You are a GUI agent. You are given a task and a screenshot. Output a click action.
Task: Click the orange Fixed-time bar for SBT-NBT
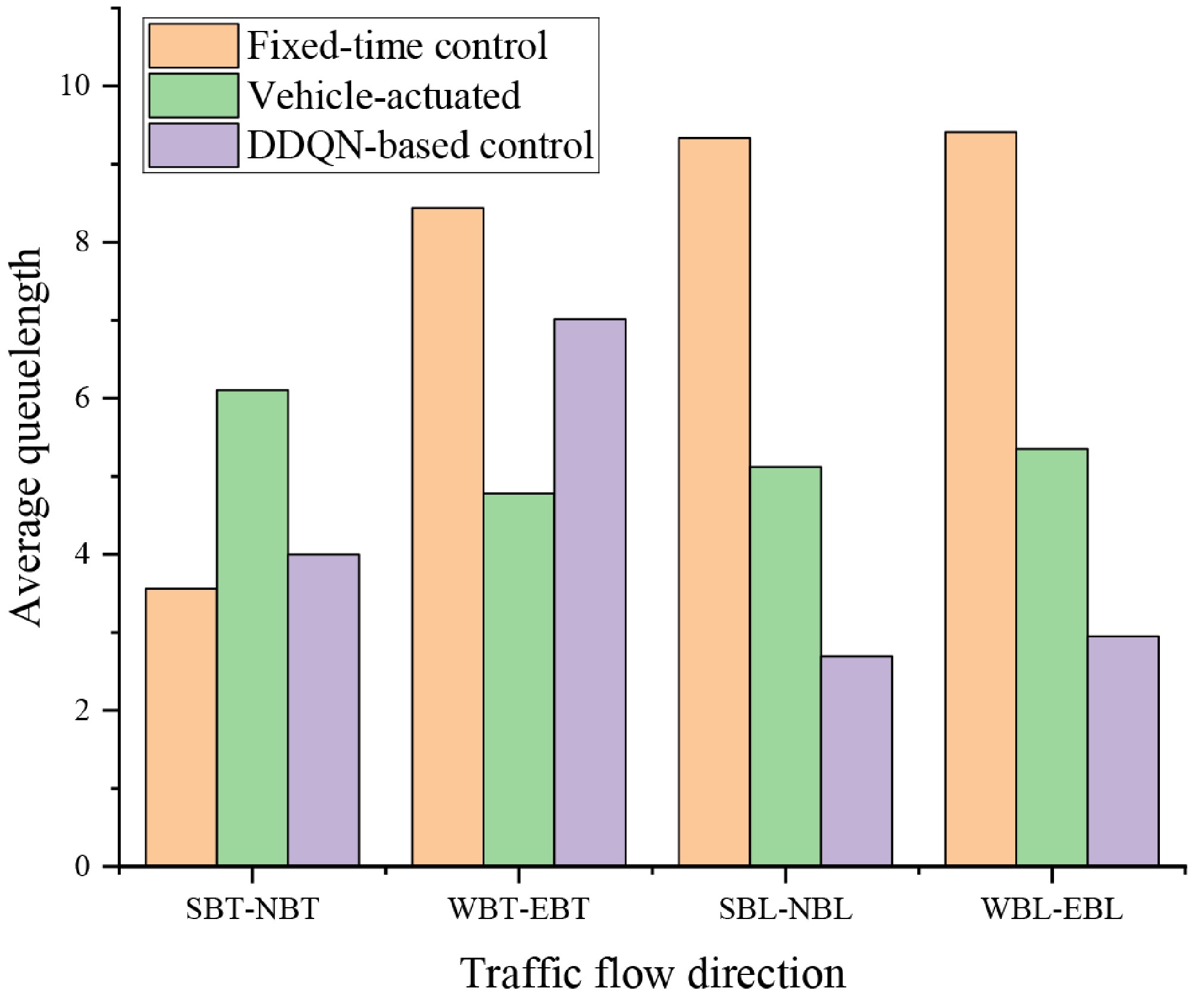[181, 726]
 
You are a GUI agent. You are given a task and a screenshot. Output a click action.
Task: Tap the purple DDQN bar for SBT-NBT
[324, 709]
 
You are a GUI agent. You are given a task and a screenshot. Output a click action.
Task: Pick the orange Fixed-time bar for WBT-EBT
[448, 536]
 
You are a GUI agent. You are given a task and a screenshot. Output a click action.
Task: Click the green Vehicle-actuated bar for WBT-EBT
[518, 679]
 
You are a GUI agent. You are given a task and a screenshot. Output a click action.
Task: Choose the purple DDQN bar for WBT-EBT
[590, 592]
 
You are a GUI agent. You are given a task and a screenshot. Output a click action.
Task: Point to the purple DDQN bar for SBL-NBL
[856, 760]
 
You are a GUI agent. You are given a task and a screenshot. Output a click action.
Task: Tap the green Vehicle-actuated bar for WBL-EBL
[1052, 657]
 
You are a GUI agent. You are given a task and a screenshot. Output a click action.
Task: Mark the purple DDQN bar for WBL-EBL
[1123, 750]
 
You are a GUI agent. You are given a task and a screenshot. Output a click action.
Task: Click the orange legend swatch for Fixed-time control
[193, 46]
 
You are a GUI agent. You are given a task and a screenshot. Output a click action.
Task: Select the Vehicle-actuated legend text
[384, 95]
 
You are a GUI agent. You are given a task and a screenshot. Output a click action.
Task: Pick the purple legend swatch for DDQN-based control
[193, 145]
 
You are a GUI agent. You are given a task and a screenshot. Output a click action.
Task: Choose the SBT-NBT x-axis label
[252, 909]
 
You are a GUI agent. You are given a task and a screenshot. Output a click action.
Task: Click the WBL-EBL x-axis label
[1052, 909]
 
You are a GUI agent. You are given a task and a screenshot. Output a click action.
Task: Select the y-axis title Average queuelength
[27, 437]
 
